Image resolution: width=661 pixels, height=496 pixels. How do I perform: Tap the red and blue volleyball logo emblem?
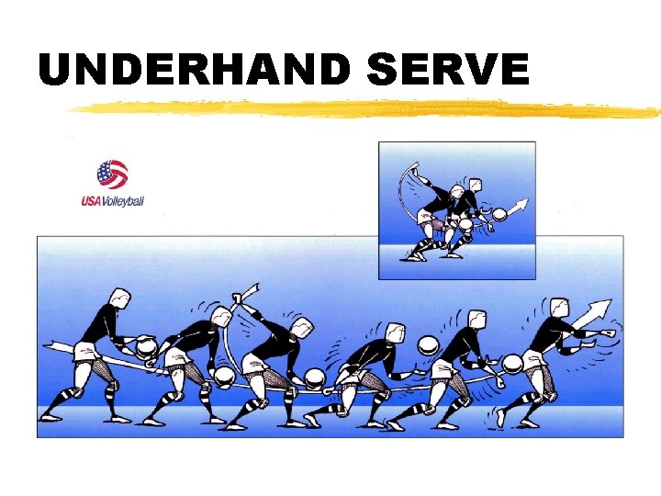coord(112,174)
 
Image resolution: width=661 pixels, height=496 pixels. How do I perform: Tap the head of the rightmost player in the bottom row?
coord(557,309)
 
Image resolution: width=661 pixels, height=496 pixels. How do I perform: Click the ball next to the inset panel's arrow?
coord(499,216)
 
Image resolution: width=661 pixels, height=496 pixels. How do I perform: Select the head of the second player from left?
coord(220,318)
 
